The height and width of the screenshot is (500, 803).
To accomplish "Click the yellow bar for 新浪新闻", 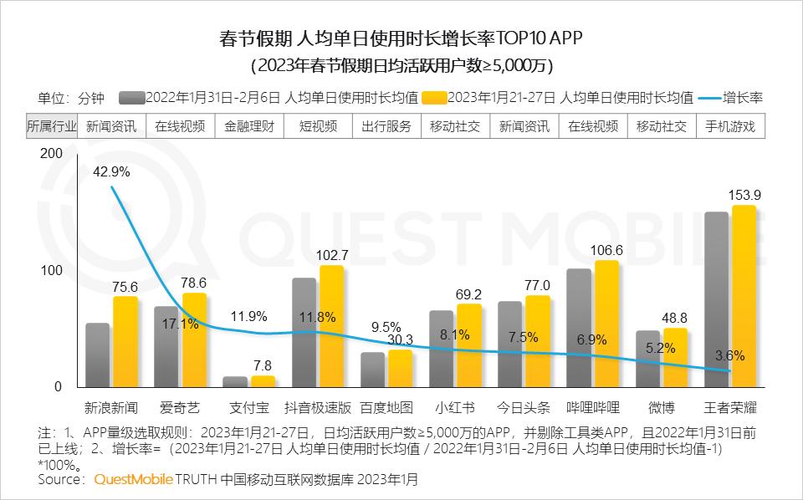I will point(125,342).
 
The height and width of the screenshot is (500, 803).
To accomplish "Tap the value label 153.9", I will point(744,195).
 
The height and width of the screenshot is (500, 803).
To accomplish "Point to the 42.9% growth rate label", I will point(111,171).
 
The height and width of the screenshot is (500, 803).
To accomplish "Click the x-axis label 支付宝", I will point(249,408).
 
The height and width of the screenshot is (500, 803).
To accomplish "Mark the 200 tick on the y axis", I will point(51,154).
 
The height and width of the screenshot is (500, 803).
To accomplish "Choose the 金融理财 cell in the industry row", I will point(249,126).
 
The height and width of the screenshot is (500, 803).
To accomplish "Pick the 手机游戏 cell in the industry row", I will point(730,126).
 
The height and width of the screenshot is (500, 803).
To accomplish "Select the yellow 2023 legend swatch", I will point(434,97).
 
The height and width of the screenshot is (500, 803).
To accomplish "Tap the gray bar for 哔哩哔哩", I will point(579,328).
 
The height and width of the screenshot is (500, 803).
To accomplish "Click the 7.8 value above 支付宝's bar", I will point(261,365).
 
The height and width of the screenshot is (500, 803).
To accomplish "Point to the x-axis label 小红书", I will point(455,408).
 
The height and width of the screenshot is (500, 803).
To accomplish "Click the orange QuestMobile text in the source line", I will point(133,480).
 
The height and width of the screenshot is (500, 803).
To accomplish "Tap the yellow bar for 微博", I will point(675,357).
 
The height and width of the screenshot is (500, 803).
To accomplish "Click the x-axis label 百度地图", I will point(386,408).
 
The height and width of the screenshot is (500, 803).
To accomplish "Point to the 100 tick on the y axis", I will point(51,271).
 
